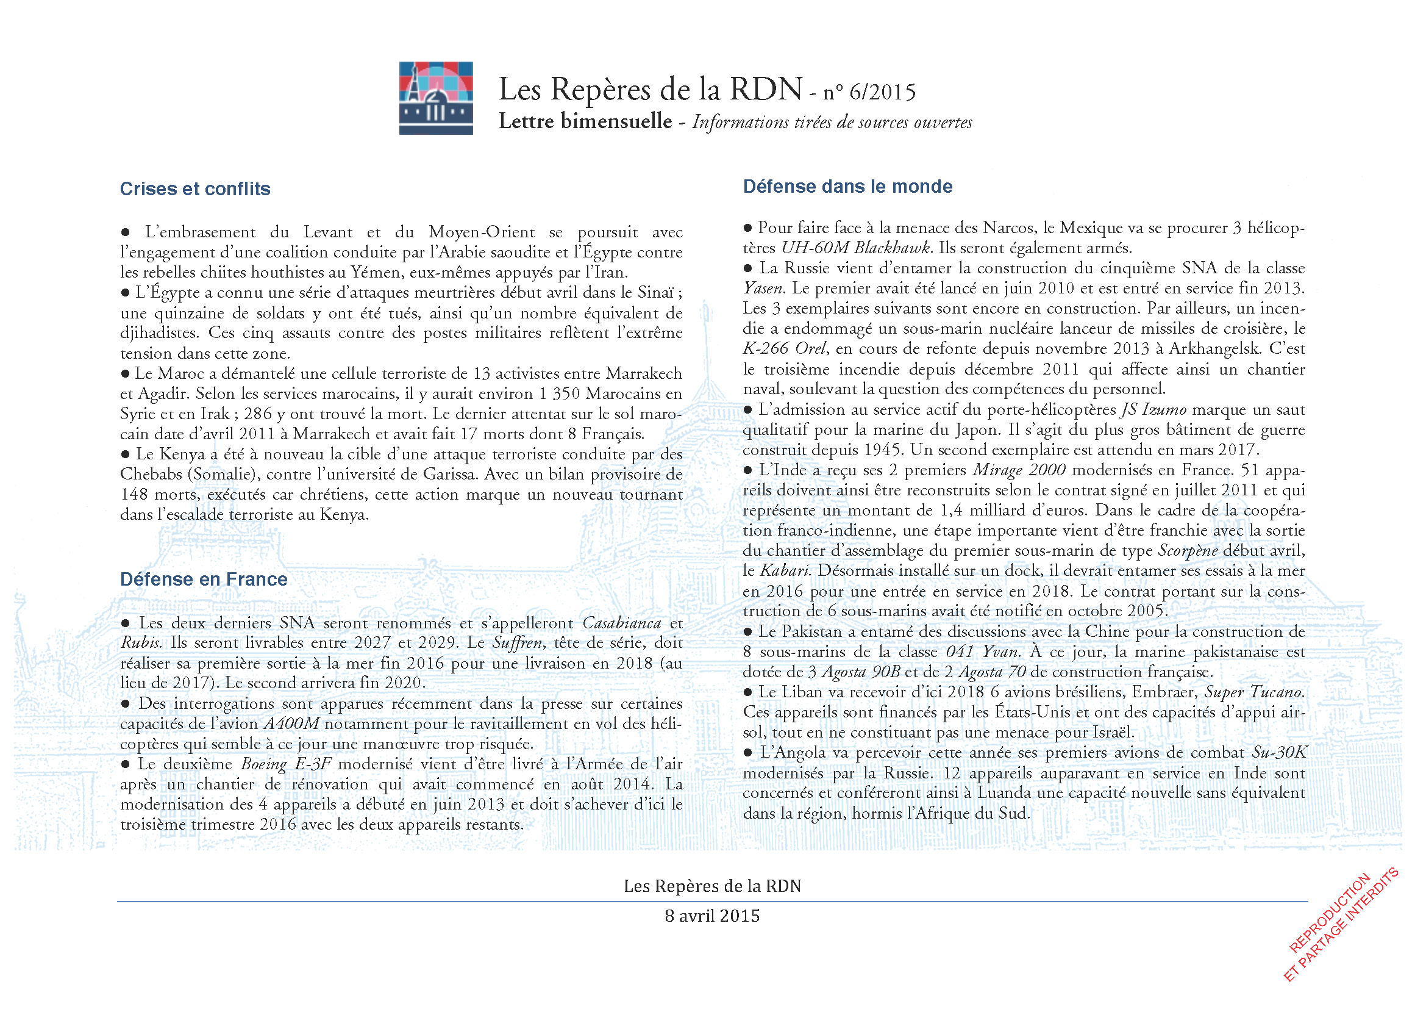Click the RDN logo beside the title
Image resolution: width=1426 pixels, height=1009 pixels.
point(435,98)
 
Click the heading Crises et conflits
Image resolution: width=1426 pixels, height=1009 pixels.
point(195,189)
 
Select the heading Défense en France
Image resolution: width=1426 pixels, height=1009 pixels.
point(204,579)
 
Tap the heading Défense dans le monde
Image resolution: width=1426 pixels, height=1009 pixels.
point(847,187)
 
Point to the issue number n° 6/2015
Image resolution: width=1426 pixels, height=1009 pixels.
point(869,93)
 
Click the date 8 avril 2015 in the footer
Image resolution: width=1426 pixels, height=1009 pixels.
point(711,916)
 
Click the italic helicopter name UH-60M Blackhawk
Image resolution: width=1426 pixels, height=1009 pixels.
point(855,248)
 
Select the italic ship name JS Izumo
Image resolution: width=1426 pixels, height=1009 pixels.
point(1153,409)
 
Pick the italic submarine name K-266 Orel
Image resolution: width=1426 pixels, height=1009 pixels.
point(785,348)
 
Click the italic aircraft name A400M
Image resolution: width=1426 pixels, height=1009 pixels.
point(291,724)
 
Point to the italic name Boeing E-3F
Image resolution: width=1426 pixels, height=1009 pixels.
point(285,764)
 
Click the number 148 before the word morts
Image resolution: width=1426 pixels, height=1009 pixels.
point(134,495)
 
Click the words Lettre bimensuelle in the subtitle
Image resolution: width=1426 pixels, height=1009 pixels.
point(585,121)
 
